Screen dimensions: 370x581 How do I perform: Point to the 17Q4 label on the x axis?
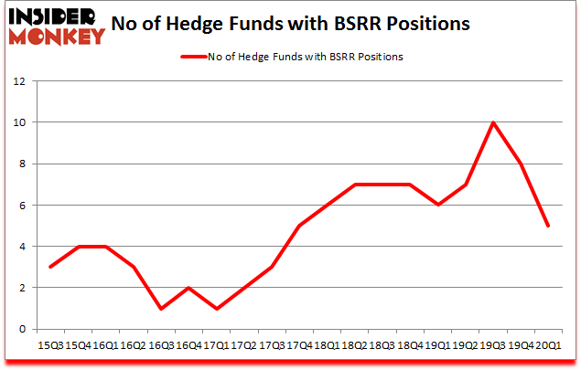[298, 346]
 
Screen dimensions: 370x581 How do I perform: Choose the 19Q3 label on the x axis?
[493, 346]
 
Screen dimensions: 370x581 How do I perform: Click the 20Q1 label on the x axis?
[549, 346]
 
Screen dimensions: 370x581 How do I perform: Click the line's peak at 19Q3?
[494, 122]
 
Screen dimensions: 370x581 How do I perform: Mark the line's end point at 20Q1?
[549, 226]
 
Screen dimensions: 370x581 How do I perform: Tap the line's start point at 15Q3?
[49, 267]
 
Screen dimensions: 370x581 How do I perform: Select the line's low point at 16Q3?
[161, 309]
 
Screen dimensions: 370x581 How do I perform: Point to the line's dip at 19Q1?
[438, 205]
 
